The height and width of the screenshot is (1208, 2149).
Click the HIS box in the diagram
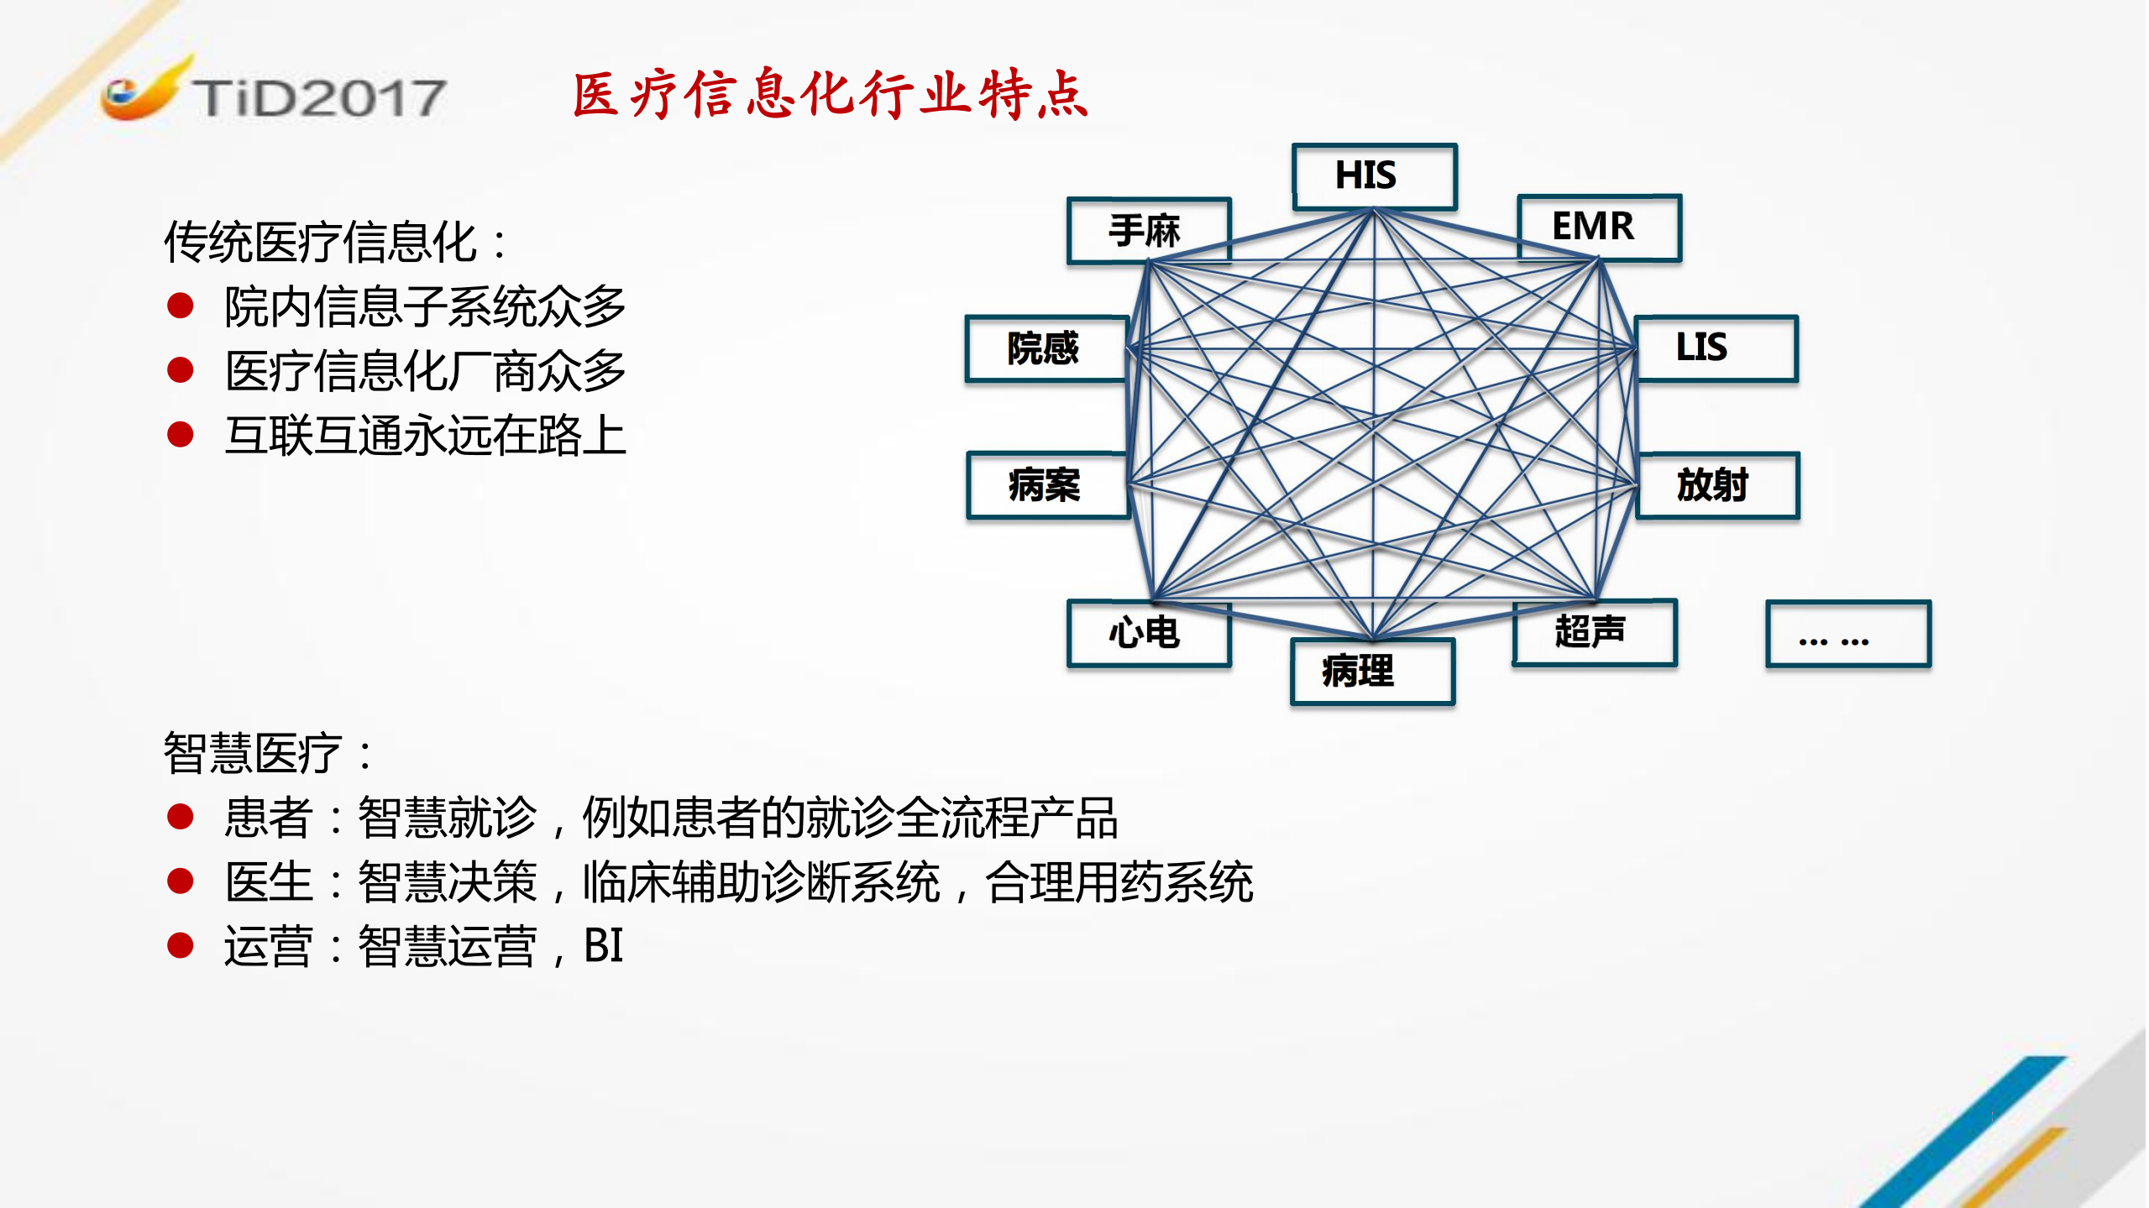tap(1374, 176)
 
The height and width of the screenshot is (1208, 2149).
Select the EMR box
tap(1599, 227)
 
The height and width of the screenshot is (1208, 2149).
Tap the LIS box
tap(1716, 348)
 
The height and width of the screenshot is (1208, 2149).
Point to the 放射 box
tap(1717, 485)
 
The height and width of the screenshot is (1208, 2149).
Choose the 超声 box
tap(1594, 632)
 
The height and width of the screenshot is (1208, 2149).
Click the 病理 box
tap(1372, 672)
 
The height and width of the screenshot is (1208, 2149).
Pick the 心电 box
tap(1148, 633)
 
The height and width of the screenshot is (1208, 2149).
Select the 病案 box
tap(1047, 485)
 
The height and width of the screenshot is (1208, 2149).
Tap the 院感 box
tap(1046, 348)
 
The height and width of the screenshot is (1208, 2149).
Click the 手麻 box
tap(1148, 231)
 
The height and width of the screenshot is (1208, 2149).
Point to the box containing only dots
tap(1848, 634)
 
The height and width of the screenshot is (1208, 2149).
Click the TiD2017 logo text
tap(319, 98)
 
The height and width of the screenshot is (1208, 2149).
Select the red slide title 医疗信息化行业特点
tap(830, 94)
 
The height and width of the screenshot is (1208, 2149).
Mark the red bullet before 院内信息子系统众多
tap(181, 306)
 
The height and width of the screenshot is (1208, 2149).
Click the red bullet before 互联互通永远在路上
tap(181, 435)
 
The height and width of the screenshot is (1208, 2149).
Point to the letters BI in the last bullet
tap(603, 946)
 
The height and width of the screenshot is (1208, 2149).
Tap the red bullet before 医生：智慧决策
tap(181, 881)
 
